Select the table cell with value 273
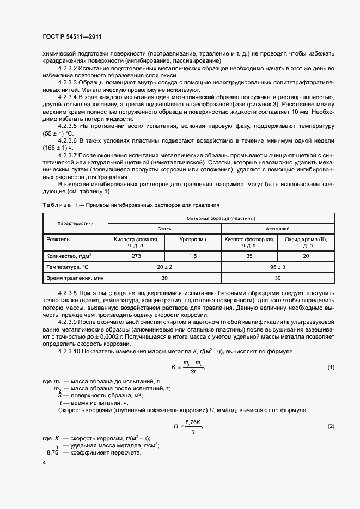[136, 255]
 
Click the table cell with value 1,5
[192, 255]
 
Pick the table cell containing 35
[249, 255]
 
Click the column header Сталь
[164, 230]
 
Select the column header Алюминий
[277, 230]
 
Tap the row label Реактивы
[58, 239]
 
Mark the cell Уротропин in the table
[192, 239]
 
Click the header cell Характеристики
[76, 223]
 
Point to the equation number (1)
[331, 367]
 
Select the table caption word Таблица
[56, 205]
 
